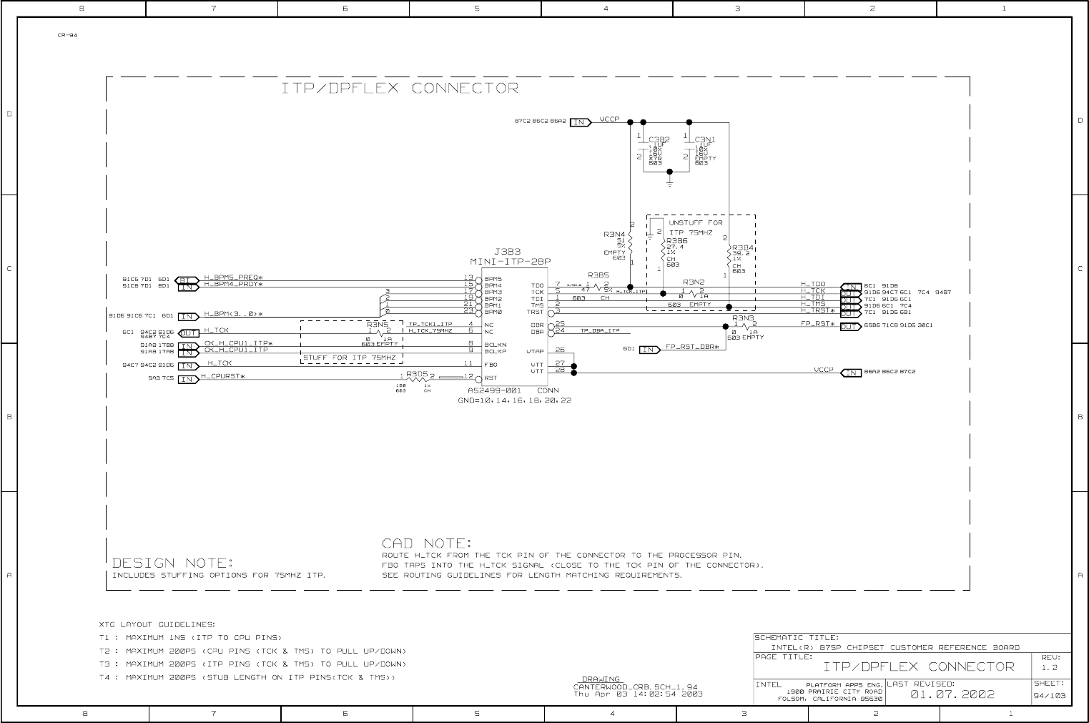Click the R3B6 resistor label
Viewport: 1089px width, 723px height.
[x=676, y=241]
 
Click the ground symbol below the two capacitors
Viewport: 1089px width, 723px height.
[x=669, y=183]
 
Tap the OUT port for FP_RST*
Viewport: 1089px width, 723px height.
[x=850, y=327]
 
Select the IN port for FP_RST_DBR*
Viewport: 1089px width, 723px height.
[x=649, y=350]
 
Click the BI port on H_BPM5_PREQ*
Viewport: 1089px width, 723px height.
[x=187, y=280]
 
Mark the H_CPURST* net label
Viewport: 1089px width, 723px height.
[x=223, y=376]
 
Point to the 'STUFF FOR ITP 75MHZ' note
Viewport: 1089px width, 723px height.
[x=349, y=357]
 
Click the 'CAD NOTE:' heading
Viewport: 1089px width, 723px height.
[x=426, y=544]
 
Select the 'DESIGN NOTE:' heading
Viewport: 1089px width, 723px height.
[x=174, y=563]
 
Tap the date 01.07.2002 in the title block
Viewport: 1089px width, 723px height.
[x=952, y=694]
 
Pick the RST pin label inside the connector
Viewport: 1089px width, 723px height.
[x=491, y=378]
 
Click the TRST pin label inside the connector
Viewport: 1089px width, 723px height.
[x=536, y=312]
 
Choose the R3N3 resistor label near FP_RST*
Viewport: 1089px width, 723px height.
[x=743, y=318]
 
